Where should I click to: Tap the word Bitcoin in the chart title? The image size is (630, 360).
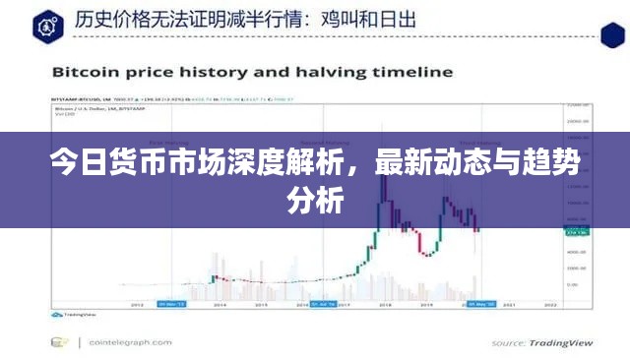[x=87, y=72]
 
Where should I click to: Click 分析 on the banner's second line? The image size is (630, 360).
[x=315, y=202]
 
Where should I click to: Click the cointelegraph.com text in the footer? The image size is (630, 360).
[x=127, y=342]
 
